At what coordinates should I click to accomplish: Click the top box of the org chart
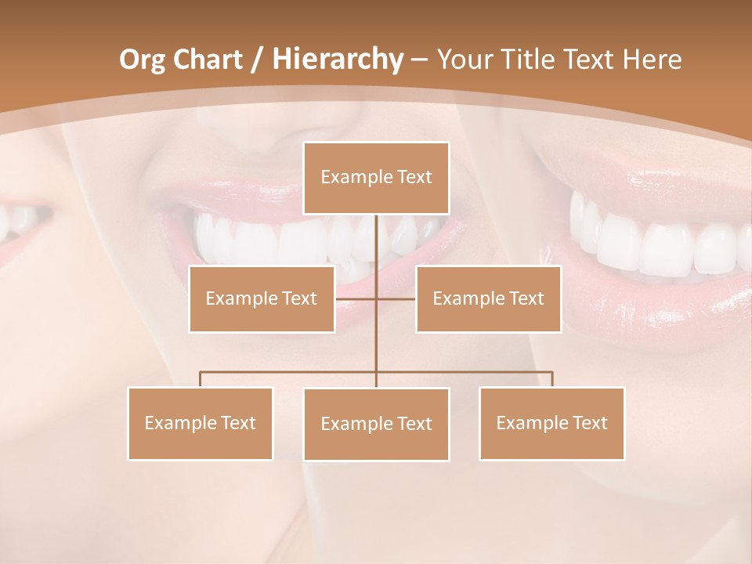click(x=376, y=178)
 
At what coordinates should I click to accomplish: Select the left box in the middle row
click(x=262, y=298)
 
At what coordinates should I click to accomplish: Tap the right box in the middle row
click(x=488, y=298)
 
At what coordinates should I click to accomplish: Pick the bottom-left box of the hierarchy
click(x=201, y=423)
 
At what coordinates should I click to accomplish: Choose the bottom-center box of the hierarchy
click(x=376, y=424)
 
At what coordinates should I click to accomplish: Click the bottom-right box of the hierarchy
click(x=551, y=423)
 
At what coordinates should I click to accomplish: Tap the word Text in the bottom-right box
click(x=590, y=423)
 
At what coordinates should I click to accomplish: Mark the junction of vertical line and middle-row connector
click(x=376, y=298)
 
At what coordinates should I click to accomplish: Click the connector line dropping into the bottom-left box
click(x=201, y=379)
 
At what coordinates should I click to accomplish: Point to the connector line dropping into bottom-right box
click(x=552, y=379)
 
